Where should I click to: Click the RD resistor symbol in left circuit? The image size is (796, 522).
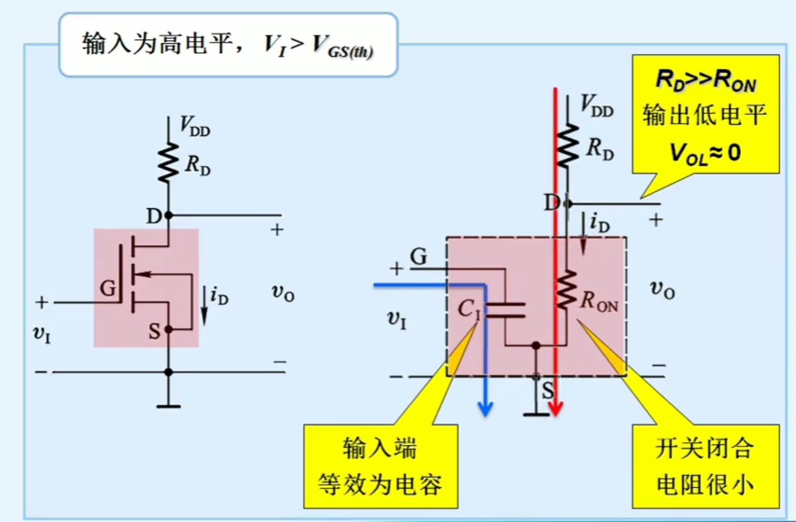[168, 162]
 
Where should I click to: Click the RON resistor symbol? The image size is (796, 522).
[566, 289]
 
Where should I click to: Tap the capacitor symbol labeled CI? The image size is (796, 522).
[505, 310]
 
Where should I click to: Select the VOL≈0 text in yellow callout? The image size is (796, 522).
[705, 153]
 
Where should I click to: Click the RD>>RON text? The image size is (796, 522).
[705, 81]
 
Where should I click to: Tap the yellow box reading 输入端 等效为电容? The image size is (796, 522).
[380, 467]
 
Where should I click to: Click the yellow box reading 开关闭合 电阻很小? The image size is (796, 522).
[705, 467]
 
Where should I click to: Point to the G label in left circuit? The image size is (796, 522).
[108, 288]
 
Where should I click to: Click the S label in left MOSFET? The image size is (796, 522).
[155, 331]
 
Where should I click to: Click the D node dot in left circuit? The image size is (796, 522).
[168, 215]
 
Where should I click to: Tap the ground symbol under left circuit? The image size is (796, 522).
[168, 405]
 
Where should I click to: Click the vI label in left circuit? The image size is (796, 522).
[42, 333]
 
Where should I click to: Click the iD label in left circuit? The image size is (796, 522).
[219, 296]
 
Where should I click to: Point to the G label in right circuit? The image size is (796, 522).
[418, 256]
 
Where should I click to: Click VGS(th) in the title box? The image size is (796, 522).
[343, 47]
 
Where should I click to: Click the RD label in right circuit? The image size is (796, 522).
[600, 148]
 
